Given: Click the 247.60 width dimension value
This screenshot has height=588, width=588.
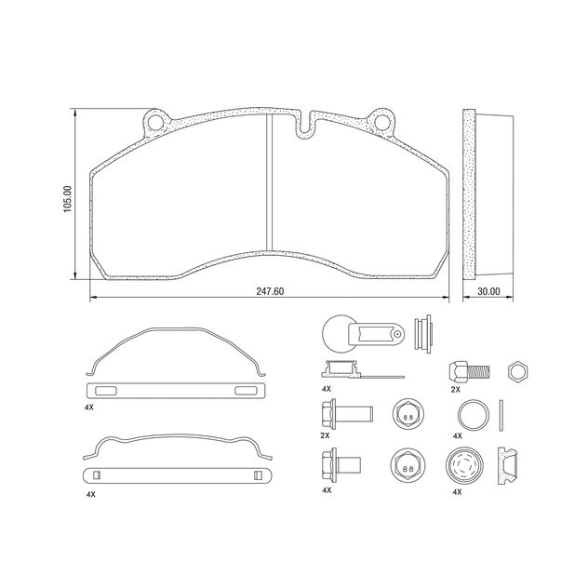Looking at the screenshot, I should (270, 291).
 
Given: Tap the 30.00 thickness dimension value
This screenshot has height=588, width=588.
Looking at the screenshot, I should (488, 291).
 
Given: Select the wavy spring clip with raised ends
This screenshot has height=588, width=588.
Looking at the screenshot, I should (177, 447).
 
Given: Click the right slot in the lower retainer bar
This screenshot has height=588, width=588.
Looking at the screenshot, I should (257, 475).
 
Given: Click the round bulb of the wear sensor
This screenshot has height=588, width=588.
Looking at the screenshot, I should (336, 331).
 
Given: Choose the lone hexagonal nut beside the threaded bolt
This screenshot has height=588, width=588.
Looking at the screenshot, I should (517, 370).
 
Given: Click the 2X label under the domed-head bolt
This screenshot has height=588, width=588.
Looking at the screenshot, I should (456, 390).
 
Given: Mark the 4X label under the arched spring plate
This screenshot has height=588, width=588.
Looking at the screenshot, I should (89, 407).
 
